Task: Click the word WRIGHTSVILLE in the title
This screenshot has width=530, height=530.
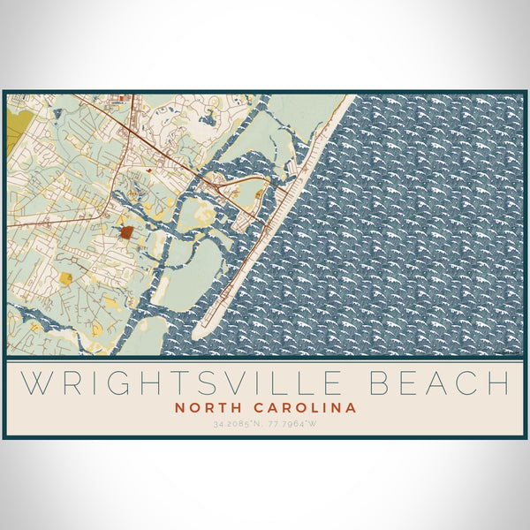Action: pos(173,383)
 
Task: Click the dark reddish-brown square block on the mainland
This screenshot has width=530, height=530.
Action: pos(127,232)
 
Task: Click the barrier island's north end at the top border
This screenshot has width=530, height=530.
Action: pos(346,97)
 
